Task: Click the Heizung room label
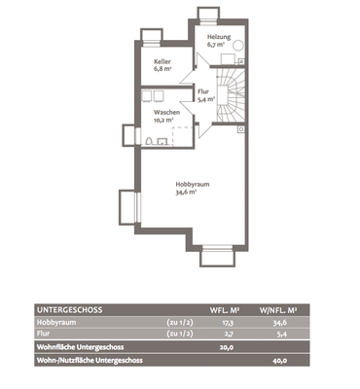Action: click(219, 37)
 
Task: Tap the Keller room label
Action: click(162, 61)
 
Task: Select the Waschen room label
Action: click(166, 113)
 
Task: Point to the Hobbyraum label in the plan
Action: click(193, 184)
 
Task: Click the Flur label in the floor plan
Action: click(203, 91)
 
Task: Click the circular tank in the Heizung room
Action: click(238, 46)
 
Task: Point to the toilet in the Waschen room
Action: click(149, 141)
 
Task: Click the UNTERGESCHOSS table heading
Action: click(70, 310)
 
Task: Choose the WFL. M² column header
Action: click(225, 310)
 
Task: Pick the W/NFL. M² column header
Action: click(278, 310)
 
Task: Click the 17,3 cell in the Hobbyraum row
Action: click(228, 323)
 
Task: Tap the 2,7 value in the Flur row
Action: click(229, 334)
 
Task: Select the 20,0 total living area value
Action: click(227, 347)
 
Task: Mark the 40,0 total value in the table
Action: click(280, 361)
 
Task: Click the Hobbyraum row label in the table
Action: click(56, 323)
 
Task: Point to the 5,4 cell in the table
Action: click(282, 334)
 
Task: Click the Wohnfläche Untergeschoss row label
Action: click(81, 347)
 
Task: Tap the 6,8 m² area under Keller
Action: click(162, 69)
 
